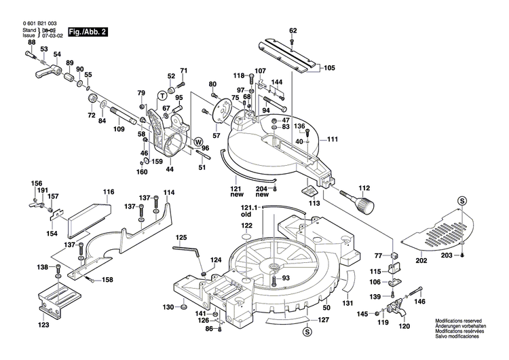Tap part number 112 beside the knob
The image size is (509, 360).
364,188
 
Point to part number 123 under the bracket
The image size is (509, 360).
43,325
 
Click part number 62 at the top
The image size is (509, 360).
293,31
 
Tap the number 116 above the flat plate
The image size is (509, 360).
109,193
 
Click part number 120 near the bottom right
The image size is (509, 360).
404,327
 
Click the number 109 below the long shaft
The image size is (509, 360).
119,129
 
